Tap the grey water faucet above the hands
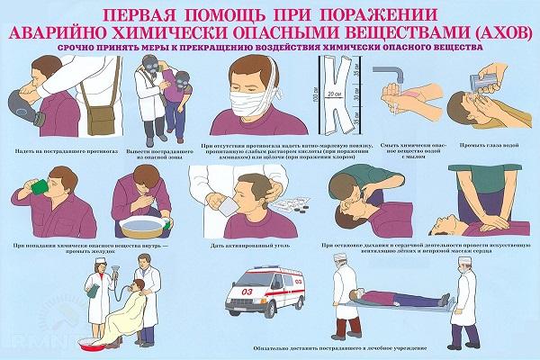click(395, 71)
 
